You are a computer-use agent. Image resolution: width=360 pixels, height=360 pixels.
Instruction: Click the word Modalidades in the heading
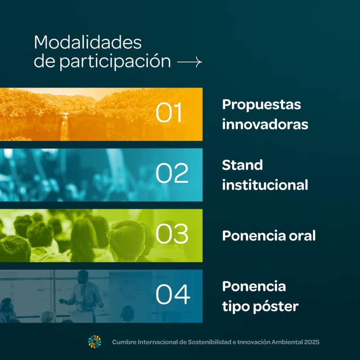pyautogui.click(x=88, y=42)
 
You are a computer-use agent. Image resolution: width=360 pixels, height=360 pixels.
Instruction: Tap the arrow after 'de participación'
pyautogui.click(x=189, y=62)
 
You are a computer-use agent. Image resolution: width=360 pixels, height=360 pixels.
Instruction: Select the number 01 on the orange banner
pyautogui.click(x=169, y=112)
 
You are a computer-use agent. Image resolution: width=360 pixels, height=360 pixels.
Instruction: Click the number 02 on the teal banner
pyautogui.click(x=172, y=173)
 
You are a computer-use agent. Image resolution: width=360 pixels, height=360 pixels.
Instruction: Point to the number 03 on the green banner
pyautogui.click(x=172, y=234)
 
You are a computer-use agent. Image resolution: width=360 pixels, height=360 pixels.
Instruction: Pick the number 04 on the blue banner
pyautogui.click(x=173, y=294)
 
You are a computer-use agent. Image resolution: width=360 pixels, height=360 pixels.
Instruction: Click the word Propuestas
pyautogui.click(x=262, y=105)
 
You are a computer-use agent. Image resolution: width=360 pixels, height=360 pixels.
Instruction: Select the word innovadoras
pyautogui.click(x=265, y=124)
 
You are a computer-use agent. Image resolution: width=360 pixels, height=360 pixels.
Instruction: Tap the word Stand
pyautogui.click(x=243, y=165)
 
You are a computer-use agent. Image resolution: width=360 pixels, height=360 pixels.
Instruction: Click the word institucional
pyautogui.click(x=265, y=185)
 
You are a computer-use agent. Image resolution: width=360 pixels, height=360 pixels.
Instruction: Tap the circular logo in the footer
pyautogui.click(x=95, y=342)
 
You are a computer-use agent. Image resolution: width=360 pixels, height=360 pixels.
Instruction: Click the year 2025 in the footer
pyautogui.click(x=312, y=342)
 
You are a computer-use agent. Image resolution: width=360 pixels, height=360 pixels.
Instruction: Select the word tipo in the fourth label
pyautogui.click(x=236, y=307)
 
